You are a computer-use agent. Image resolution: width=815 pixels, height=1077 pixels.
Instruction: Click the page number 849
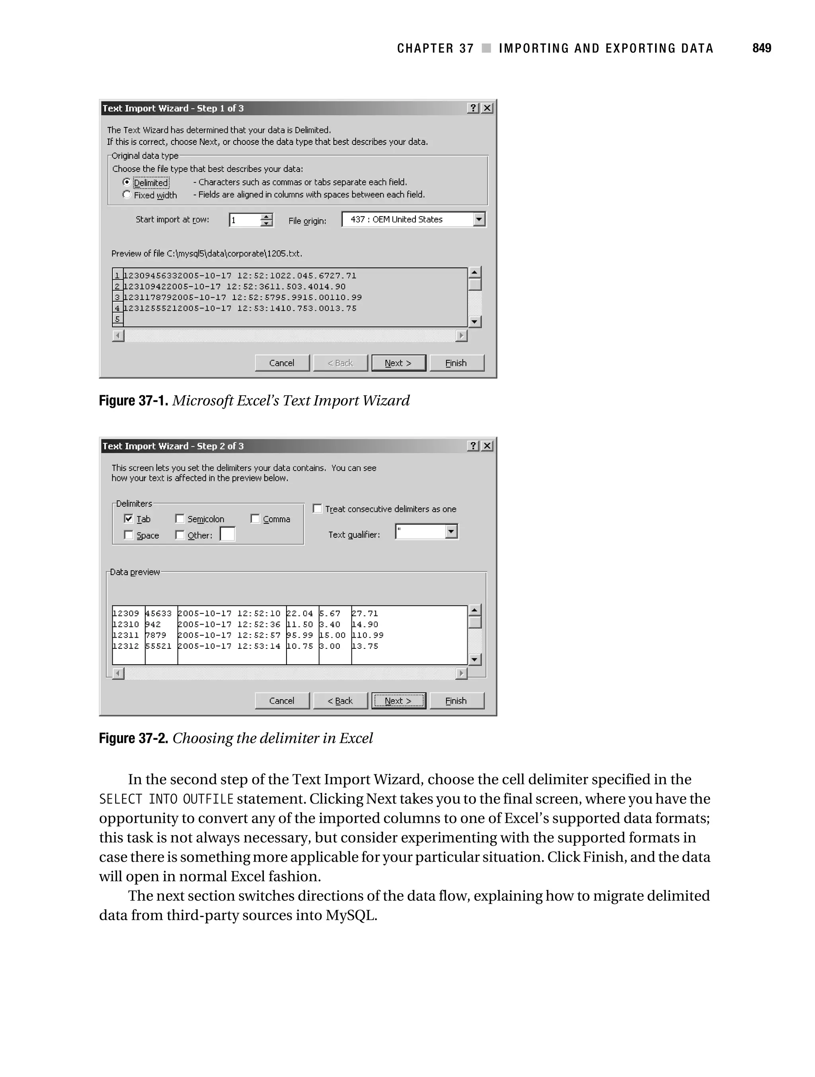[761, 48]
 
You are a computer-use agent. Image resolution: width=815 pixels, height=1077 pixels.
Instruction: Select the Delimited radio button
[127, 182]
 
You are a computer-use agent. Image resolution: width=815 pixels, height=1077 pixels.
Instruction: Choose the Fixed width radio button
[127, 195]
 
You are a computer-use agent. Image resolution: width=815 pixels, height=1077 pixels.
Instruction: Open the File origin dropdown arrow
[479, 220]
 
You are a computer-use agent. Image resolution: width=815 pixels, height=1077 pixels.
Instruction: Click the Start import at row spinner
[266, 220]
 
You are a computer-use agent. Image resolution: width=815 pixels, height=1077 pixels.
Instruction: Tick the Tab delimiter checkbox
[129, 519]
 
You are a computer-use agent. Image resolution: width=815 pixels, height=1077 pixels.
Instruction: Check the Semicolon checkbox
[179, 519]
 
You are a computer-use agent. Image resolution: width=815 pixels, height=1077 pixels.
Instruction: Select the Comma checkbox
[255, 519]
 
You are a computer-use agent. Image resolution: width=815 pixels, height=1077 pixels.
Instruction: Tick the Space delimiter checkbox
[129, 535]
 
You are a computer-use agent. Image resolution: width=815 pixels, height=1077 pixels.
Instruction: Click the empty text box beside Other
[227, 535]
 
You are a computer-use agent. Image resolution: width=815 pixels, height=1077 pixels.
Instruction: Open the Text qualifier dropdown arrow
[451, 532]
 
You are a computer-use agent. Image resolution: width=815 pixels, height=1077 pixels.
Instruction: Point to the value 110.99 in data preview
[368, 635]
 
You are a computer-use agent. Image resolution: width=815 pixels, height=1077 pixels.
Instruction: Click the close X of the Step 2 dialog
[487, 446]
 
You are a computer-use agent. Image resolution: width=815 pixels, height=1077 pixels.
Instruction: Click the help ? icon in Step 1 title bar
[473, 108]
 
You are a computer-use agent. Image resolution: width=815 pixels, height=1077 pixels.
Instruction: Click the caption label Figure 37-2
[133, 739]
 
